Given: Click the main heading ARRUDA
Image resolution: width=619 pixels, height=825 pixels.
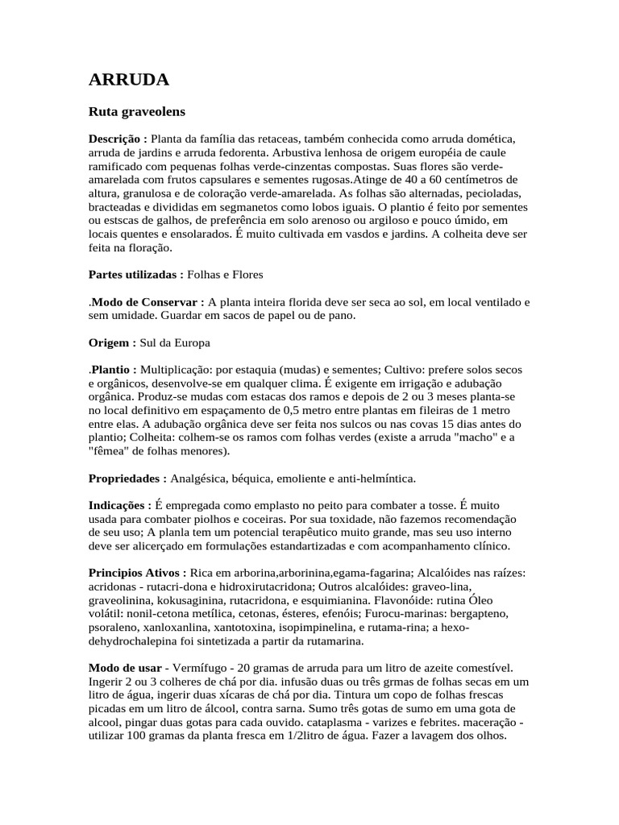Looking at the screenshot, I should (x=128, y=80).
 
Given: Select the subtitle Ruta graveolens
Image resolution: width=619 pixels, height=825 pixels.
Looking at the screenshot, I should (x=136, y=112).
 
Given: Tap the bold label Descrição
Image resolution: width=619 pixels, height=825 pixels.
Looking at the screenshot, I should (x=118, y=139).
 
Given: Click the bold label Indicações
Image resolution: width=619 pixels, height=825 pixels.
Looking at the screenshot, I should (x=120, y=505).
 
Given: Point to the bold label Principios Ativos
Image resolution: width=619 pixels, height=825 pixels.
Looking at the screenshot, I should (x=137, y=573).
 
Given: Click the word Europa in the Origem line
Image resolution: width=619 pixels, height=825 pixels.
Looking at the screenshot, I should (x=193, y=342).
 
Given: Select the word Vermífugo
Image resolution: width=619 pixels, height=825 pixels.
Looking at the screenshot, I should (x=197, y=668).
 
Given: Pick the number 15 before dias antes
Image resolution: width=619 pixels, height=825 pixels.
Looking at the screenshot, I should (x=453, y=424).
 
